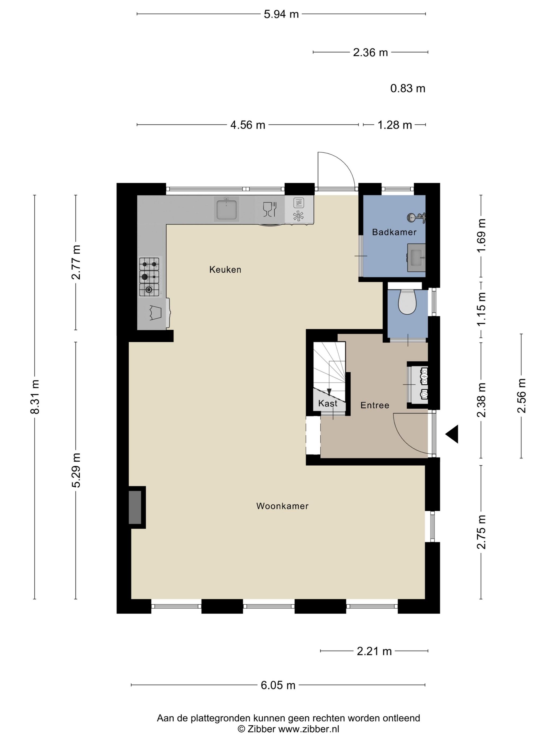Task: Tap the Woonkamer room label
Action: (282, 506)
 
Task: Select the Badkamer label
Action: (394, 232)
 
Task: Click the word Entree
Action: (375, 405)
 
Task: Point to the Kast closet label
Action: (328, 403)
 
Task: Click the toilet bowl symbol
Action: (407, 302)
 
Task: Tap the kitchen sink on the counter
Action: (227, 209)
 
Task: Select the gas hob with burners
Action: (149, 277)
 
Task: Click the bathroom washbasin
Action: (416, 258)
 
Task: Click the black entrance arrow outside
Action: (452, 434)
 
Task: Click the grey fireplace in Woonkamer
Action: (135, 507)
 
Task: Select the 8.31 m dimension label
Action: (35, 397)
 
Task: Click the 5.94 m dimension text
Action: (281, 14)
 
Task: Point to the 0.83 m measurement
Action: (407, 89)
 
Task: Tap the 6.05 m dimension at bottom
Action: (278, 685)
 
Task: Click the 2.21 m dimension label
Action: (374, 651)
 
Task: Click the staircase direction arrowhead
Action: (329, 392)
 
